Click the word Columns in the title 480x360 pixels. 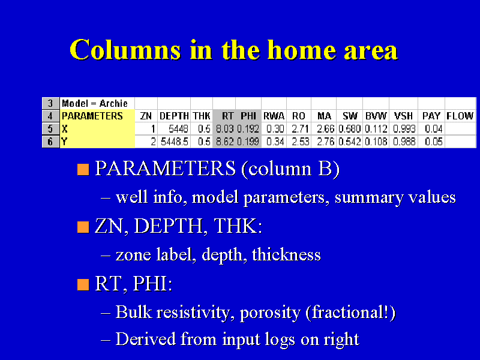(x=125, y=50)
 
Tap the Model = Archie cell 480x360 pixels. (x=95, y=103)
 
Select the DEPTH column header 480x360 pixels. (x=174, y=116)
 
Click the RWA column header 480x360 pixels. (x=274, y=116)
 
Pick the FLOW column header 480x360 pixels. (x=460, y=116)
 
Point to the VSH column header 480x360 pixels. (x=403, y=116)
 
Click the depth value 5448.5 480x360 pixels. (x=175, y=142)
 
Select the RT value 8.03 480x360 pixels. (x=224, y=129)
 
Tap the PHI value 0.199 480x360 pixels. (x=248, y=142)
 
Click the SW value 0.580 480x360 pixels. (x=350, y=129)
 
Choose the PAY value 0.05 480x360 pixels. (x=433, y=142)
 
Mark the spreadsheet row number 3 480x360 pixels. (x=50, y=103)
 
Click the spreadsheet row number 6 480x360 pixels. (x=50, y=142)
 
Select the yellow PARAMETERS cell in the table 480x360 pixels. (x=97, y=116)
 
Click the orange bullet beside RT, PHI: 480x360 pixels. (x=83, y=284)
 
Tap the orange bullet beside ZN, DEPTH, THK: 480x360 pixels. (x=83, y=227)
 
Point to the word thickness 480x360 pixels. (x=286, y=254)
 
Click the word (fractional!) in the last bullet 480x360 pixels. (x=350, y=313)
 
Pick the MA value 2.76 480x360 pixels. (x=325, y=142)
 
